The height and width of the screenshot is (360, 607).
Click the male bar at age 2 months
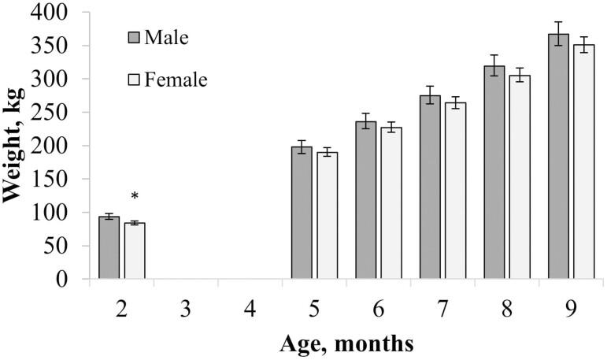tap(109, 247)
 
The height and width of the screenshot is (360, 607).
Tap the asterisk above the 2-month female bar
tap(135, 197)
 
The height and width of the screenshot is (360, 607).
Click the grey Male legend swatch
tap(134, 37)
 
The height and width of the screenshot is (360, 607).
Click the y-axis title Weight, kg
tap(16, 146)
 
